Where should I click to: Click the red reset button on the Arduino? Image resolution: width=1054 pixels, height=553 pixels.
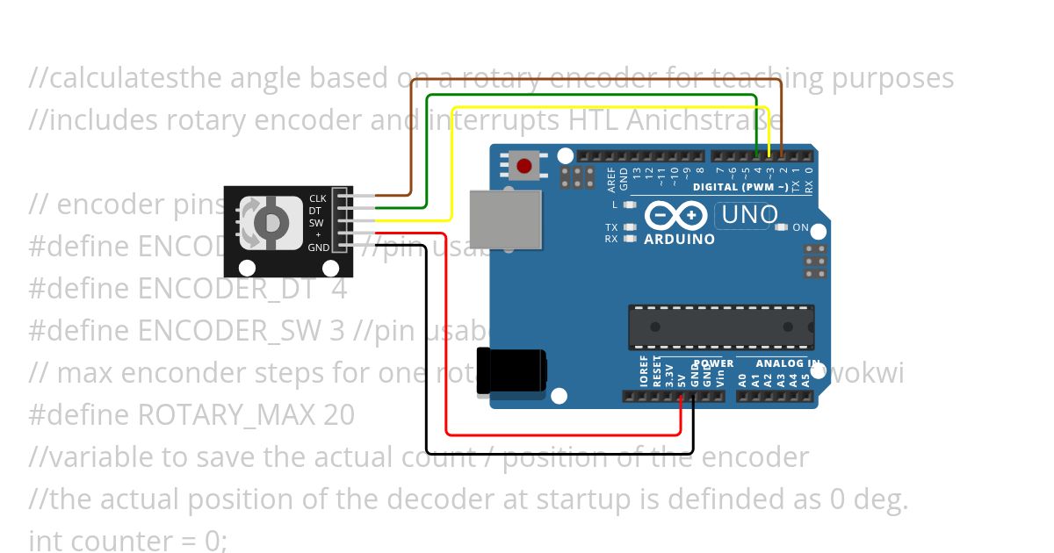tap(525, 165)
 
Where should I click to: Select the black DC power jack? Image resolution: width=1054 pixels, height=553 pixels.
tap(511, 370)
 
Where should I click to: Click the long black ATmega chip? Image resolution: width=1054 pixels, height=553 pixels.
tap(720, 327)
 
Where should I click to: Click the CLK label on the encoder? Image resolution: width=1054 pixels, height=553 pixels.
tap(317, 198)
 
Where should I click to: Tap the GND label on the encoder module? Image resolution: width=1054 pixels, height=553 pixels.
tap(319, 248)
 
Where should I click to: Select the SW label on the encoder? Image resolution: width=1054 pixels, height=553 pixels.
tap(317, 223)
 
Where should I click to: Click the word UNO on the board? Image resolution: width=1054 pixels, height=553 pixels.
tap(749, 214)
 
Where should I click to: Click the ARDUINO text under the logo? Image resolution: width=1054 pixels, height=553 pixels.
tap(679, 239)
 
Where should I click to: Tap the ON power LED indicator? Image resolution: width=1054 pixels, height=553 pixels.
tap(800, 227)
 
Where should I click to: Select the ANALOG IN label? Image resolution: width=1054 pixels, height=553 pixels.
tap(788, 363)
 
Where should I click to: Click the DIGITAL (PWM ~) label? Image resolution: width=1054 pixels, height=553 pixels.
tap(740, 187)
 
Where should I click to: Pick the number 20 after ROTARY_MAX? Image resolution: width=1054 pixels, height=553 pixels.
tap(338, 414)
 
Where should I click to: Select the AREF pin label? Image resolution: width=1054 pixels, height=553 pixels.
tap(611, 178)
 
